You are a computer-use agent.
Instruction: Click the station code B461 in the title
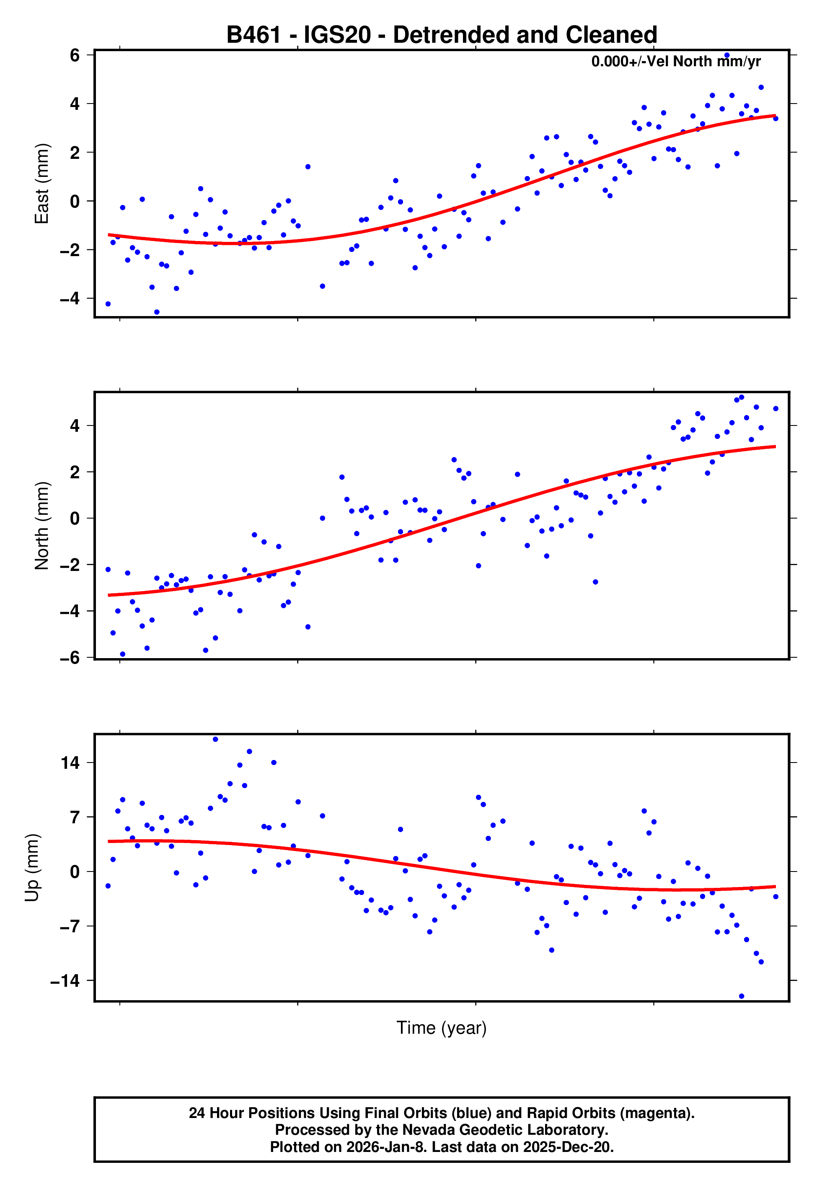254,35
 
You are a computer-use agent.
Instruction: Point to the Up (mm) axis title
32,868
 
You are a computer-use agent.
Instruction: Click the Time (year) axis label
442,1027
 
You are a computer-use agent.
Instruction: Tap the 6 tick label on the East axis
75,55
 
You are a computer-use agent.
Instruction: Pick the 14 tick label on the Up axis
70,763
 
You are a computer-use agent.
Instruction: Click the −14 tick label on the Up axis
65,980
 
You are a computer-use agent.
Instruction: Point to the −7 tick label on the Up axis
70,926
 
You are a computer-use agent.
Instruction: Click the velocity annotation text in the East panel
676,62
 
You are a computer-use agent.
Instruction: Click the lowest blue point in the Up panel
742,996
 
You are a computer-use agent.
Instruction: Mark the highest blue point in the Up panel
215,739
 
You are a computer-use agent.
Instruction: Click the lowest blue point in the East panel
157,312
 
